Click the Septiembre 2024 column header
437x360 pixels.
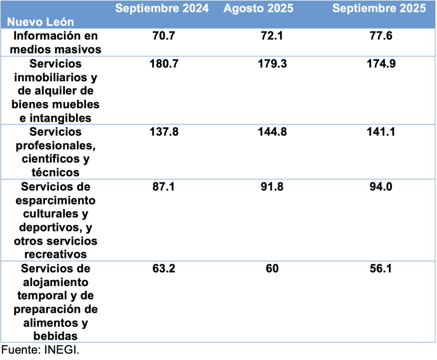[x=162, y=9]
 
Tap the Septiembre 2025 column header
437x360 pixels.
[x=379, y=9]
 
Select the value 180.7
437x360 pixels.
[x=164, y=64]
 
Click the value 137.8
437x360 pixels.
[x=164, y=132]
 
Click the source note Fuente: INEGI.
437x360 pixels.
[x=41, y=350]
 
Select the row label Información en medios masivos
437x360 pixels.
[x=55, y=42]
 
